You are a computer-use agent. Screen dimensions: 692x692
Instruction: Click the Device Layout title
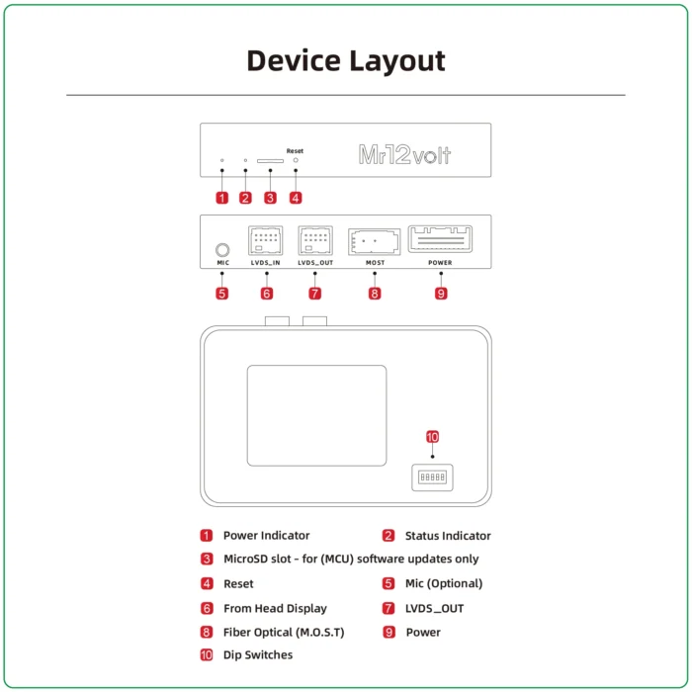pyautogui.click(x=345, y=60)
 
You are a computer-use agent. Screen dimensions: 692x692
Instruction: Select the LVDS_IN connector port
pyautogui.click(x=267, y=241)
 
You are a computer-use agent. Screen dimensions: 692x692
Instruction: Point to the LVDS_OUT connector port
pyautogui.click(x=316, y=241)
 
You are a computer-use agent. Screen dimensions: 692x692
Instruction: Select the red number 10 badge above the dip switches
pyautogui.click(x=432, y=437)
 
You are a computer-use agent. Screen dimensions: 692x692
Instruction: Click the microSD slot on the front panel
pyautogui.click(x=270, y=159)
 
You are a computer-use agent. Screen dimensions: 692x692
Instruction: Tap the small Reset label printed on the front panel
pyautogui.click(x=295, y=151)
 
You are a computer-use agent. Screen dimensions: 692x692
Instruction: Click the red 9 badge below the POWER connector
pyautogui.click(x=441, y=294)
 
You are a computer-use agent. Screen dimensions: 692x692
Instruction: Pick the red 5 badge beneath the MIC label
pyautogui.click(x=222, y=294)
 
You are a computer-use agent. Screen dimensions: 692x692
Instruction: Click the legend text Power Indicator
pyautogui.click(x=266, y=536)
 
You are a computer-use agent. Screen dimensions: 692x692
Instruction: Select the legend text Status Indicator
pyautogui.click(x=448, y=536)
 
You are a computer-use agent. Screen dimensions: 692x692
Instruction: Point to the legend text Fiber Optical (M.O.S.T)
pyautogui.click(x=284, y=632)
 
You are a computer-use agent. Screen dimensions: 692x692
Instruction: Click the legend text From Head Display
pyautogui.click(x=275, y=608)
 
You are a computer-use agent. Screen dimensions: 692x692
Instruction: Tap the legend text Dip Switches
pyautogui.click(x=258, y=654)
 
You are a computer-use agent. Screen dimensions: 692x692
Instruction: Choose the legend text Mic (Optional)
pyautogui.click(x=444, y=583)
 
